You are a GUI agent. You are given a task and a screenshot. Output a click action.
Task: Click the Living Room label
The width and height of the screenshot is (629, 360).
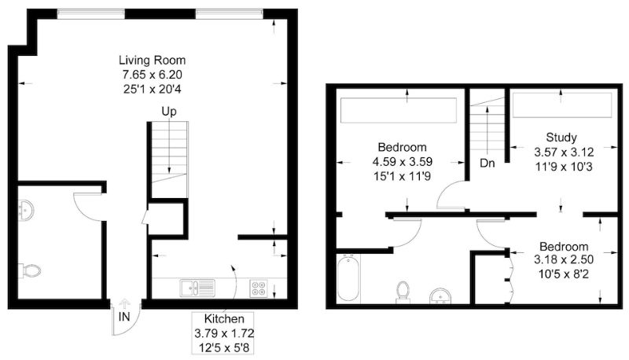[x=152, y=61]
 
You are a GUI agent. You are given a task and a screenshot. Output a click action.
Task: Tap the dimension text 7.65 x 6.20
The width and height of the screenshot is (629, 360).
[x=152, y=75]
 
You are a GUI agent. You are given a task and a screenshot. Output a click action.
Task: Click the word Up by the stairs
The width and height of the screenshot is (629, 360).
[x=169, y=112]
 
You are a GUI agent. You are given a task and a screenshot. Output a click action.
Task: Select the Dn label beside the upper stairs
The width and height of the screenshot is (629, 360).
[x=487, y=163]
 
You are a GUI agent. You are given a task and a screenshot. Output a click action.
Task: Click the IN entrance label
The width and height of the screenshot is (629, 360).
[x=124, y=317]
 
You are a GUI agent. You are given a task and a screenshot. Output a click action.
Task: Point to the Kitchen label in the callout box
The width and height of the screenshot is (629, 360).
[x=224, y=319]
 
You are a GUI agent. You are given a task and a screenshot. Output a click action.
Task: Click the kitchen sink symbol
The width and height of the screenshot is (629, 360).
[x=197, y=288]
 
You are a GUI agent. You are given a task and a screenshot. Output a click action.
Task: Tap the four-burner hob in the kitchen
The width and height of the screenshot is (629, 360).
[x=259, y=288]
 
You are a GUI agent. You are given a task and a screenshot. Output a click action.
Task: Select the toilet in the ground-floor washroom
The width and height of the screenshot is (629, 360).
[x=29, y=271]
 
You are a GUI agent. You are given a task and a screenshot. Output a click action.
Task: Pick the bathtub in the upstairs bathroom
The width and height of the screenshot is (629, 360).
[x=348, y=277]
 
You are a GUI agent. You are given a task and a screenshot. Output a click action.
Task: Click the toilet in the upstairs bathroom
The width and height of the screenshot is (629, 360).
[x=403, y=292]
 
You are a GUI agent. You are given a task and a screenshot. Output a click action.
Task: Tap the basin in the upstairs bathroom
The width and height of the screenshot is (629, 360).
[x=440, y=296]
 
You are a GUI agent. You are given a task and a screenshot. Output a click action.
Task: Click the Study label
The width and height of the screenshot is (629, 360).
[x=561, y=138]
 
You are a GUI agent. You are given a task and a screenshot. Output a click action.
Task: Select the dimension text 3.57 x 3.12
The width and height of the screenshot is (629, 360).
[x=564, y=152]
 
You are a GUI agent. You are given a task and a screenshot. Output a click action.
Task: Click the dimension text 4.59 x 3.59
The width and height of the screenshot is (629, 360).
[x=403, y=162]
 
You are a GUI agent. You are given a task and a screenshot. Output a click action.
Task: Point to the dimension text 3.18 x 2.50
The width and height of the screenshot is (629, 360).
[x=564, y=259]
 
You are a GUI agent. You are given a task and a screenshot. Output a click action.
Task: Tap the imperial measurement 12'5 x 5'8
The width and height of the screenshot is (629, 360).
[x=224, y=347]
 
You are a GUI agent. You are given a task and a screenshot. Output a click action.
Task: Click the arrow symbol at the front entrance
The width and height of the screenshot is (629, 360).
[x=125, y=303]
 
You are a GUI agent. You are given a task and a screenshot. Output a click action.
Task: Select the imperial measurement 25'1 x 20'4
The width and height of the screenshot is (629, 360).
[x=152, y=89]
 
